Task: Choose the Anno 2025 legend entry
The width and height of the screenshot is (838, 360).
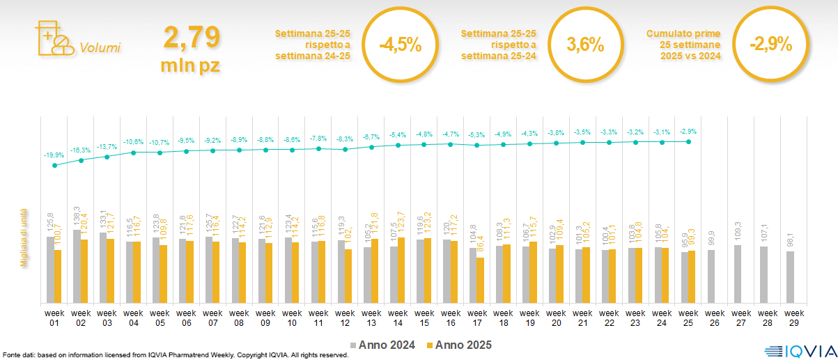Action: pos(459,345)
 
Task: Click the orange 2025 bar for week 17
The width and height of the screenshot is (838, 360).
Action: pos(480,280)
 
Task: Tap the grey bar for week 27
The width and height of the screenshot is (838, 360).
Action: pos(737,274)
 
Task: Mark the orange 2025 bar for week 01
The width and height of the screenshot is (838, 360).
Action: pos(58,276)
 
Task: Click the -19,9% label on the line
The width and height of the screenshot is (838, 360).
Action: pos(53,155)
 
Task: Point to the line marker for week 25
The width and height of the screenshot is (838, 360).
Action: pos(688,141)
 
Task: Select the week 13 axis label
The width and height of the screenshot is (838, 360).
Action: pos(371,317)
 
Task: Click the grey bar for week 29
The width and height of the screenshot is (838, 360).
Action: pos(790,277)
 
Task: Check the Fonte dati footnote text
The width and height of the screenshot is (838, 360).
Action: pos(174,355)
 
